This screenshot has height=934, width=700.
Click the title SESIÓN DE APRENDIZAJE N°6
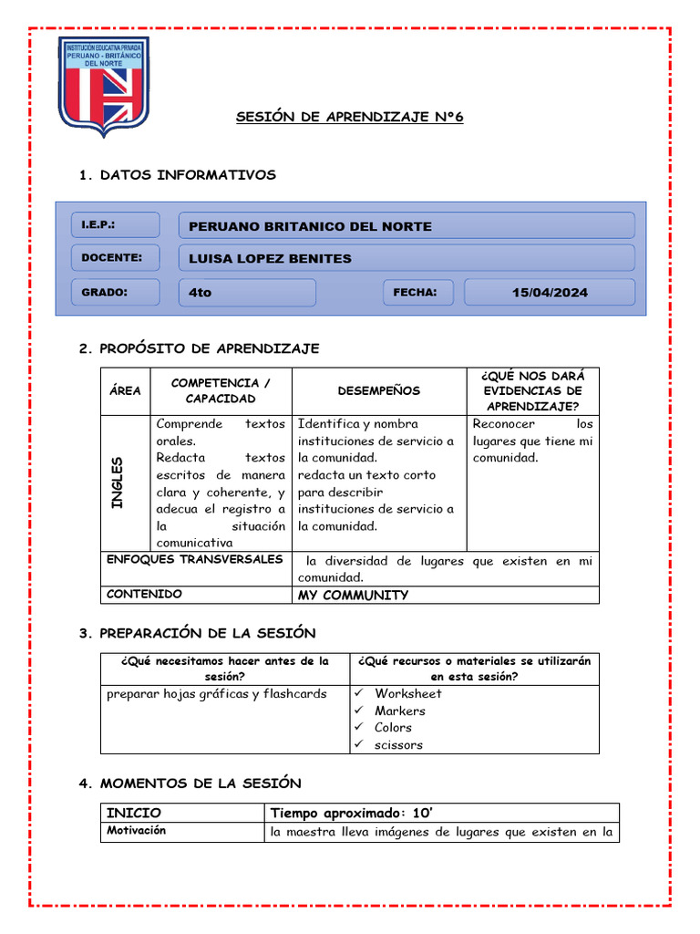click(x=350, y=118)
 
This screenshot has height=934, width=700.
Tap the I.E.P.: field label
click(x=98, y=224)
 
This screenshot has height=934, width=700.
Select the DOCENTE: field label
click(x=111, y=257)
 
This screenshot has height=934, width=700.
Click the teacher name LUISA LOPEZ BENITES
click(x=270, y=258)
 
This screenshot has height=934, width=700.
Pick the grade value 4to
click(x=200, y=293)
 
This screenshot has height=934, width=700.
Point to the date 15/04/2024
click(x=550, y=293)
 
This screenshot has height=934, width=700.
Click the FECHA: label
click(x=415, y=292)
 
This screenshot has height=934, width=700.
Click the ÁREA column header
click(x=125, y=390)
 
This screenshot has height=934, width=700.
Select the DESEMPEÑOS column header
click(x=378, y=390)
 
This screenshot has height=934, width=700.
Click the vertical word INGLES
click(x=117, y=483)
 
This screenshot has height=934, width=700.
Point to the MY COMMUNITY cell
click(x=352, y=595)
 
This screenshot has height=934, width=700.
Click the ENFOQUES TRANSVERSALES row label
click(x=195, y=559)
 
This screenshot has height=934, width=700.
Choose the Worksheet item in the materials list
click(x=407, y=693)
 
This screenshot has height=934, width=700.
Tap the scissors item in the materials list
click(x=398, y=744)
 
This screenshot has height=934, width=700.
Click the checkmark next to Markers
click(x=360, y=711)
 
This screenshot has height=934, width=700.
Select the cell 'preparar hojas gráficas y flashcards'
click(x=216, y=693)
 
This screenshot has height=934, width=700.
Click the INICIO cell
click(x=134, y=812)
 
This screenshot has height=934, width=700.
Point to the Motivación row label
click(x=136, y=831)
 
